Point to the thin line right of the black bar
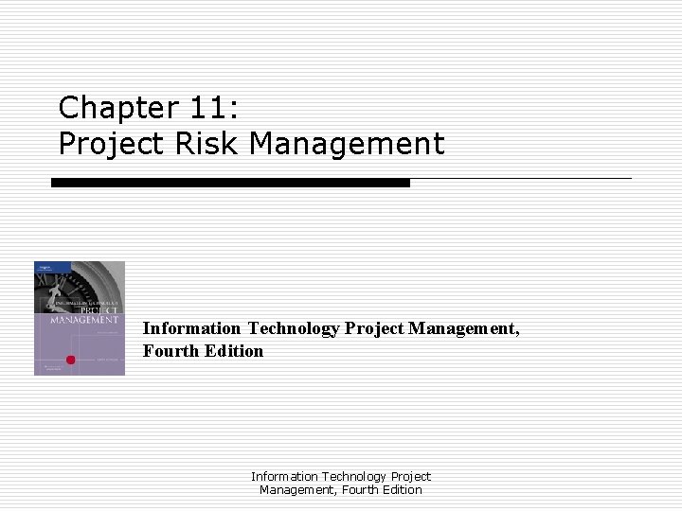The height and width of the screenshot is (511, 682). tap(520, 178)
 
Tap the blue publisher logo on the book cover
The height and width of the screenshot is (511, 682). tap(43, 270)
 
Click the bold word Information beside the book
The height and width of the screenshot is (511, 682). tap(192, 328)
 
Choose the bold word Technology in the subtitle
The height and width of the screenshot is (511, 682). tap(294, 328)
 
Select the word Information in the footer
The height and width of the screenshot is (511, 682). tap(285, 476)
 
